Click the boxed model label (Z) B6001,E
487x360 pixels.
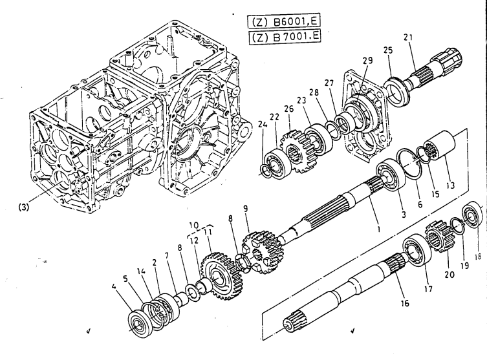[284, 22]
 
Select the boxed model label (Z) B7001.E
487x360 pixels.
[285, 37]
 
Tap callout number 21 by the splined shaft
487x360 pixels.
[409, 37]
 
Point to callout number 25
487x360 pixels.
[388, 50]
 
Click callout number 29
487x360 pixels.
[368, 60]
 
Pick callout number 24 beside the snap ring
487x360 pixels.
[263, 125]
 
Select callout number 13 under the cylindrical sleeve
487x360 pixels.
[450, 185]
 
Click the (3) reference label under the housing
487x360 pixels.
[23, 207]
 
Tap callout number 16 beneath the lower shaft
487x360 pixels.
[405, 302]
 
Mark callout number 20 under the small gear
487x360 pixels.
[449, 274]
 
